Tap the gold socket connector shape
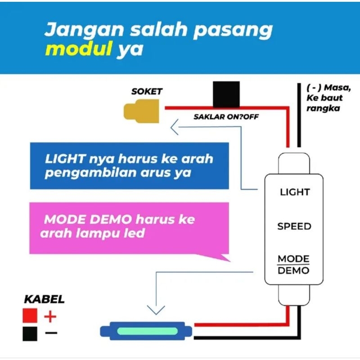point(141,111)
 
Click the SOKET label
point(147,91)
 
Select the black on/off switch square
point(226,94)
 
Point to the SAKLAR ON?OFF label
point(226,117)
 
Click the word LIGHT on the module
point(295,192)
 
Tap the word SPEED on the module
point(294,226)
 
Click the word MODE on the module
point(294,259)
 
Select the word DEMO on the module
point(294,271)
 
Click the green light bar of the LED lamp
point(148,331)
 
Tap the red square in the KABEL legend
point(30,315)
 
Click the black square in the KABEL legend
point(30,334)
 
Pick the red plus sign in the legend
point(50,317)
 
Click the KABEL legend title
point(44,299)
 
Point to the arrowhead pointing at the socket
point(175,127)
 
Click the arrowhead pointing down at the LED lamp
point(156,310)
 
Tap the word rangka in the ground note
point(323,108)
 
